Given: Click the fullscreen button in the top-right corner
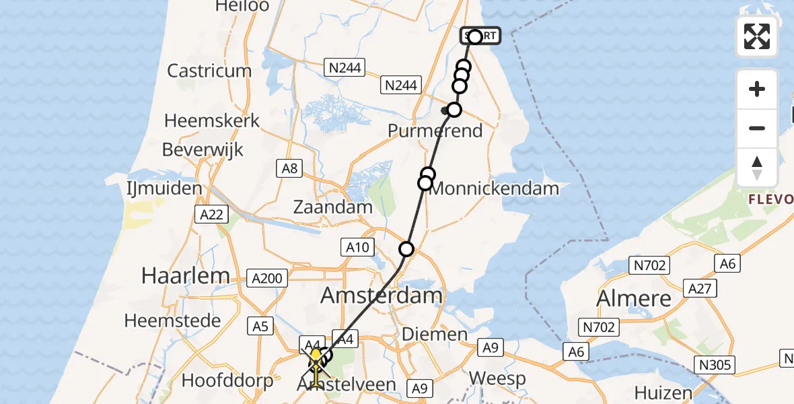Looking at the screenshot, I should coord(757,36).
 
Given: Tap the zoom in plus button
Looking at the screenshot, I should coord(757,89).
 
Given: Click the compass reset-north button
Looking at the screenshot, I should coord(757,168).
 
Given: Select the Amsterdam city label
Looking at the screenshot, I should coord(382,295).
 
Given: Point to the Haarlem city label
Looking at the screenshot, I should coord(185,275).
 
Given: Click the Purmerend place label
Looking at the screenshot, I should coord(435,130).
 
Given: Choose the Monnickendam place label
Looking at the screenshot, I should coord(494,189).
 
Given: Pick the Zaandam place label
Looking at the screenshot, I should coord(332,207).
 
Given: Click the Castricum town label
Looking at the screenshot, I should coord(209,71).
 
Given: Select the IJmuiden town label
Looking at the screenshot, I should coord(165,189).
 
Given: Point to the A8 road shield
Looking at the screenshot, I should coord(290,168).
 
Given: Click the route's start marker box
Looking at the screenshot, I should coord(480,36).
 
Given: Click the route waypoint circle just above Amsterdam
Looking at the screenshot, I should coord(406,250).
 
